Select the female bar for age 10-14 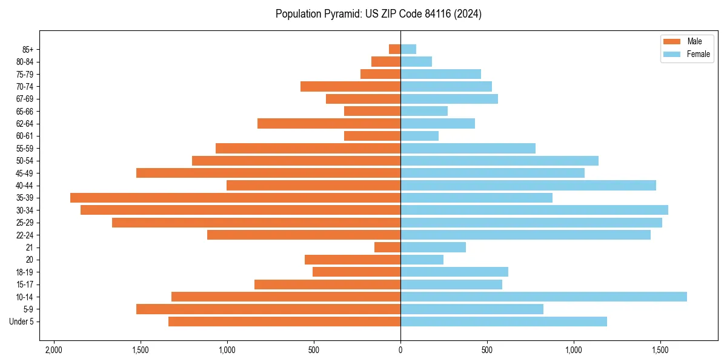pyautogui.click(x=543, y=297)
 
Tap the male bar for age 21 pyautogui.click(x=387, y=247)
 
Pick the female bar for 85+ pyautogui.click(x=408, y=49)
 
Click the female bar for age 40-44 pyautogui.click(x=528, y=186)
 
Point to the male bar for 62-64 pyautogui.click(x=329, y=124)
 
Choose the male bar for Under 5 pyautogui.click(x=284, y=322)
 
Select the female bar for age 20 pyautogui.click(x=422, y=260)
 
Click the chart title pyautogui.click(x=378, y=14)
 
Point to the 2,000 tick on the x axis pyautogui.click(x=54, y=350)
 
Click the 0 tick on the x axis pyautogui.click(x=400, y=350)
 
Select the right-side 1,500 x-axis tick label pyautogui.click(x=660, y=350)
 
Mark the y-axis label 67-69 pyautogui.click(x=25, y=99)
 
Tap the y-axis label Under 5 pyautogui.click(x=22, y=322)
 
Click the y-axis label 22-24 pyautogui.click(x=25, y=235)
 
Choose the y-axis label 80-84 pyautogui.click(x=25, y=62)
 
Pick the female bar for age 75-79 pyautogui.click(x=440, y=74)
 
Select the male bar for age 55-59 pyautogui.click(x=308, y=149)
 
